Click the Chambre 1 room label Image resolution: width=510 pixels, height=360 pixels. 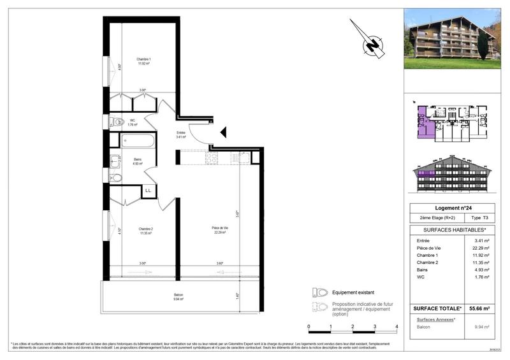tap(143, 61)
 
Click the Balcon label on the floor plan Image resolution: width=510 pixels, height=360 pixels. tap(178, 296)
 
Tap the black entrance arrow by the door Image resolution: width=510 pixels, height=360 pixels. tap(223, 132)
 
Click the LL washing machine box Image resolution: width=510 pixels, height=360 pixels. tap(148, 190)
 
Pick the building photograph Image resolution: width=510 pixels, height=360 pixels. tap(453, 38)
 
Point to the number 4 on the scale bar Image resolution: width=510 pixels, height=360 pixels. tap(397, 326)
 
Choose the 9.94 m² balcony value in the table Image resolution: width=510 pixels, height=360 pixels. tap(482, 327)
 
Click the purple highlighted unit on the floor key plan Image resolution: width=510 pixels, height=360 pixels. tap(423, 121)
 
